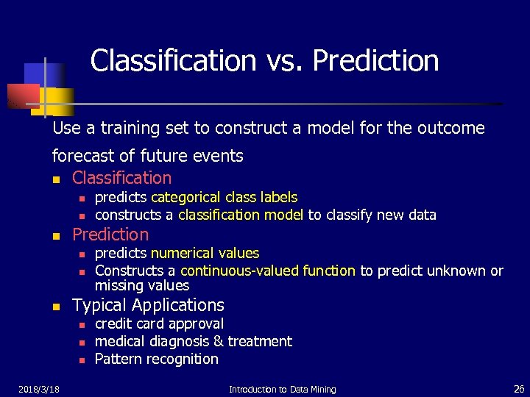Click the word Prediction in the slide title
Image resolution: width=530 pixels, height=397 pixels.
[x=375, y=61]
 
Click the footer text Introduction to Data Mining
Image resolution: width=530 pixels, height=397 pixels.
[x=282, y=389]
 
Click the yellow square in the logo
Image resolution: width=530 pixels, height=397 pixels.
[x=57, y=101]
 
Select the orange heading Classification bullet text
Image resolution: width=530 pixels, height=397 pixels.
[x=121, y=178]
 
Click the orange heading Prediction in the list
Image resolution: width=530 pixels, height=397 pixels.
[x=110, y=235]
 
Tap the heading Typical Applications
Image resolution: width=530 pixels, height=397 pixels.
[x=148, y=305]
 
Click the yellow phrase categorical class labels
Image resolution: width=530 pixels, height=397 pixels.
[x=224, y=197]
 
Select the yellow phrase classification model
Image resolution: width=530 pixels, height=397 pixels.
[x=241, y=215]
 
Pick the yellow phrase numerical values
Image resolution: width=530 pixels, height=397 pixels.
[x=205, y=253]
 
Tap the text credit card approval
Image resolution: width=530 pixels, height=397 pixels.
[x=159, y=323]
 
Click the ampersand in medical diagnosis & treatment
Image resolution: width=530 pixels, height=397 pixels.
[x=219, y=341]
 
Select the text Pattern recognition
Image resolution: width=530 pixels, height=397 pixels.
[x=156, y=359]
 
